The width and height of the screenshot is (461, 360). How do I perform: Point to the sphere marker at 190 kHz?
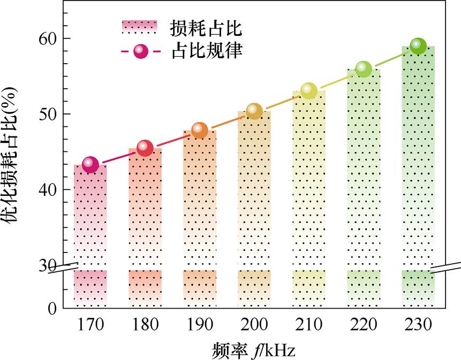point(199,129)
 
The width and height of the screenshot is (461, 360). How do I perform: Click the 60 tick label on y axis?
point(47,39)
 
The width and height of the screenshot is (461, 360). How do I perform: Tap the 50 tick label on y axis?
point(47,114)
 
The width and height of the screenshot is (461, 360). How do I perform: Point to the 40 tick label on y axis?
point(47,189)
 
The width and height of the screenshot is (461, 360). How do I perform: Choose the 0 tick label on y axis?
point(52,309)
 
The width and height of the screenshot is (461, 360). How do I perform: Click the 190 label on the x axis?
point(199,325)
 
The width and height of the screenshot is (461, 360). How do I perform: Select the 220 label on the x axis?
point(363,325)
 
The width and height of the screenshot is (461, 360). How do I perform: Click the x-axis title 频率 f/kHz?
point(253,350)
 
